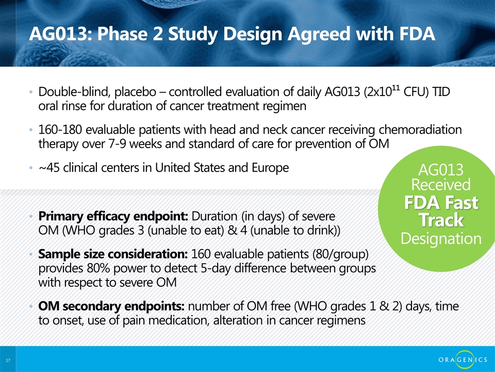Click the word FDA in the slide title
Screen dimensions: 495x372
[417, 34]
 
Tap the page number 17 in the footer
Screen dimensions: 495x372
[8, 360]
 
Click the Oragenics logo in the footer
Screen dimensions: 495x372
[463, 360]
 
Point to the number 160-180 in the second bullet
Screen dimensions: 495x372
[60, 130]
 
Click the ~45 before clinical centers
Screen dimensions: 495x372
[49, 167]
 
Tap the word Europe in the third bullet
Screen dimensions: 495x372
[270, 167]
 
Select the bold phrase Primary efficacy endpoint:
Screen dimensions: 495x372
[113, 216]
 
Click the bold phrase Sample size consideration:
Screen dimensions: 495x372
[113, 254]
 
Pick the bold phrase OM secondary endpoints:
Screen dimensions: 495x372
[111, 306]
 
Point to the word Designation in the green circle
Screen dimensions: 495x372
[441, 239]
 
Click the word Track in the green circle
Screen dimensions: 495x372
[441, 220]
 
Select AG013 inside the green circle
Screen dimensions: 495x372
[441, 170]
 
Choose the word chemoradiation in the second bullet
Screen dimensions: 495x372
[420, 130]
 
